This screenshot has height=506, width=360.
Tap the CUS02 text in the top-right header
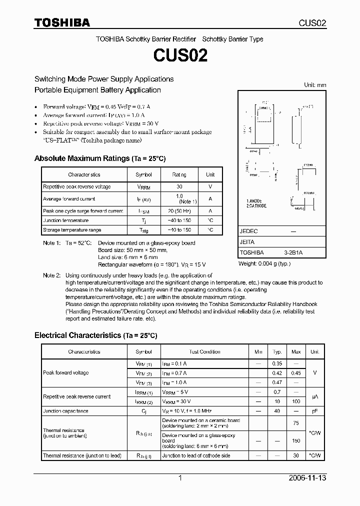coord(312,23)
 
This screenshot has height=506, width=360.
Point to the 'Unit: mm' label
coord(315,85)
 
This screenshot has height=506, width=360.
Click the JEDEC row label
coord(248,232)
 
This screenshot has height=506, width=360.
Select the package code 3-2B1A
coord(293,253)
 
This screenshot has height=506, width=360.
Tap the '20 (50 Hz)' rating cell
coord(179,211)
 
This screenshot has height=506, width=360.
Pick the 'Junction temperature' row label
coord(65,220)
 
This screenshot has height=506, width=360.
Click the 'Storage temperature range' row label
coord(71,230)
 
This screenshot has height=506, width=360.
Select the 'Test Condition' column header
coord(204,352)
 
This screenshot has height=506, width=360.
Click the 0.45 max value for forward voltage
coord(296,373)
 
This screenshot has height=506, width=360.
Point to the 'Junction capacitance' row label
coord(65,411)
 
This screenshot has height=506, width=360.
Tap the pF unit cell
coord(314,411)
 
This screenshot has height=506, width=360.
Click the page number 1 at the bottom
coord(180,478)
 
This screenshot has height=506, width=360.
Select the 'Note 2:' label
coord(51,275)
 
